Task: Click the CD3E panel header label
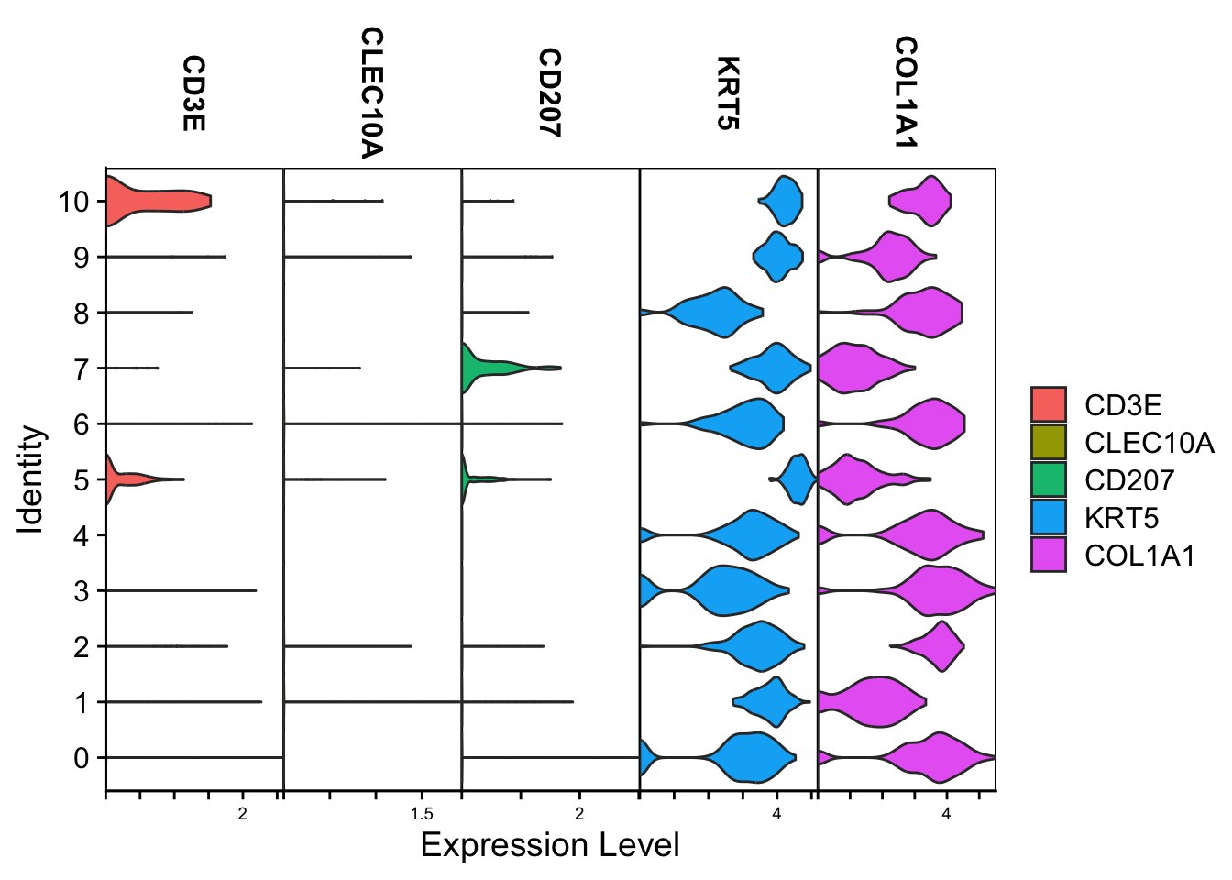click(192, 93)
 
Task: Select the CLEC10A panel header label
click(370, 93)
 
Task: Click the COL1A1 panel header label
click(906, 92)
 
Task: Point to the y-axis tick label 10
click(74, 202)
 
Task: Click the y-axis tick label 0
click(82, 758)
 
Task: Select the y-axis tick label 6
click(82, 424)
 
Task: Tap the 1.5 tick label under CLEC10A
click(422, 814)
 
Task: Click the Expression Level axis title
click(550, 845)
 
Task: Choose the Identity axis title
click(31, 478)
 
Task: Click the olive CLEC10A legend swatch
click(1049, 442)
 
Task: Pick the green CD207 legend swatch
click(1049, 479)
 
